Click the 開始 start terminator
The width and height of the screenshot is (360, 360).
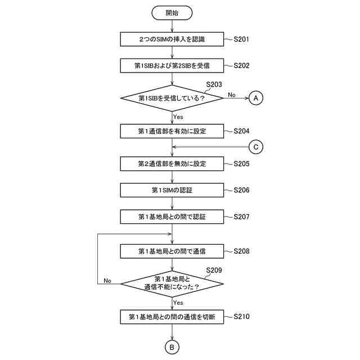(172, 12)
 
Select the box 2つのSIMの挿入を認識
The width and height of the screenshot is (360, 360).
(172, 39)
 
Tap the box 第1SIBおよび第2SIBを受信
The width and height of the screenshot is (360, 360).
(172, 65)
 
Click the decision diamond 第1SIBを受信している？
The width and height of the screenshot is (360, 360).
(172, 98)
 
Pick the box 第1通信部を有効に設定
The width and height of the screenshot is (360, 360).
(172, 131)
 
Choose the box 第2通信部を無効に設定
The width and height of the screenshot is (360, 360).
(172, 164)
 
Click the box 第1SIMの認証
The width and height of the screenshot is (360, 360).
(172, 190)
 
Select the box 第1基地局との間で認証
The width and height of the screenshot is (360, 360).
(172, 216)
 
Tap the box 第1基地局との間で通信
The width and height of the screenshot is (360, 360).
(172, 250)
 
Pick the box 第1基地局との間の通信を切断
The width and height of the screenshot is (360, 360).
(172, 317)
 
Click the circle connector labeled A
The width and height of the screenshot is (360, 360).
(256, 98)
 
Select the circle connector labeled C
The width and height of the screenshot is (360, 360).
(256, 147)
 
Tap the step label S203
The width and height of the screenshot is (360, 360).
(214, 84)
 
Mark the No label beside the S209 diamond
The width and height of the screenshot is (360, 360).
(107, 280)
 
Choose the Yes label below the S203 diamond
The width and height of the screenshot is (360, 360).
(178, 117)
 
